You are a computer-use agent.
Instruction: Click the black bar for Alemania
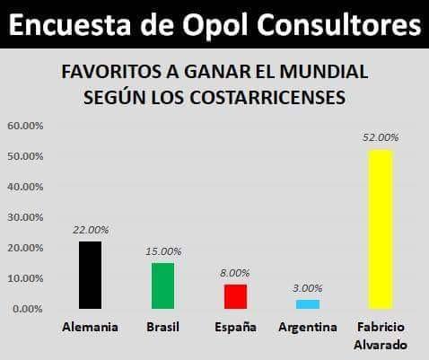90,275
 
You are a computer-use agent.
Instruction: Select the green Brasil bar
162,285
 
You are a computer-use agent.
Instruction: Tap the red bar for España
235,296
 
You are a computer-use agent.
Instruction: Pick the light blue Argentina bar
308,304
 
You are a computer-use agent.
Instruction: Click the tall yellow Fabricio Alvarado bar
381,229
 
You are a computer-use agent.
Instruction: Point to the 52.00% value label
381,137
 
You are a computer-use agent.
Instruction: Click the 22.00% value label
91,230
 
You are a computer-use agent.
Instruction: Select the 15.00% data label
163,251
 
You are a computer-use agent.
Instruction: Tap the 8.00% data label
235,273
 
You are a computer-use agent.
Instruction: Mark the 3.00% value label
308,288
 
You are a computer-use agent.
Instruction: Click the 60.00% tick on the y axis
25,126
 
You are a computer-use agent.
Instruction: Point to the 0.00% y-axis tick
28,309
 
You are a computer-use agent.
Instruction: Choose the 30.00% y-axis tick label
25,217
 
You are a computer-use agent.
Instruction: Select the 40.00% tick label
25,187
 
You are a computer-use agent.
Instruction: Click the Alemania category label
90,327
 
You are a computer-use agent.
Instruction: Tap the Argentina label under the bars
308,327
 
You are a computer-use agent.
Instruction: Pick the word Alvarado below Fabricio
381,345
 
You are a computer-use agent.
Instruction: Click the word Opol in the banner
215,24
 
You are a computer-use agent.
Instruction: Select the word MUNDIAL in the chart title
324,72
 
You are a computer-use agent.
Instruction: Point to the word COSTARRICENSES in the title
268,97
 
